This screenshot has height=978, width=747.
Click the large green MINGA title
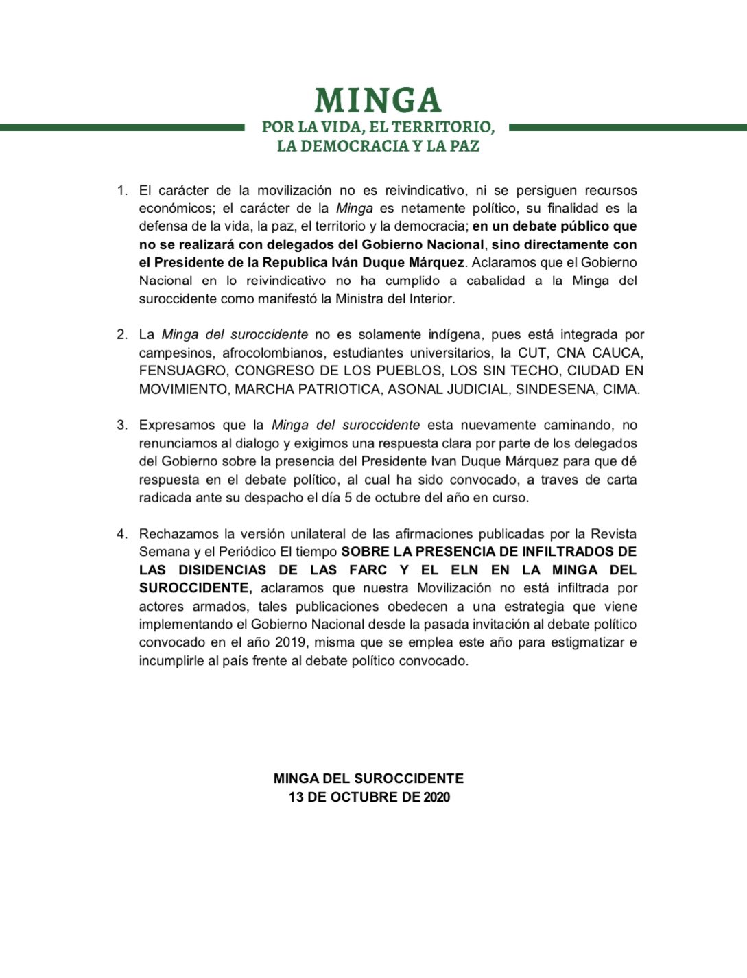click(377, 100)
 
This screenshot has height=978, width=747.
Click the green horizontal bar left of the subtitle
click(122, 127)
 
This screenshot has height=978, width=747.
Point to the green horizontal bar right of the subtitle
click(627, 127)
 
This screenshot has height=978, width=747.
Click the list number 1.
click(122, 190)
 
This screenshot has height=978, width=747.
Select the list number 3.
click(122, 425)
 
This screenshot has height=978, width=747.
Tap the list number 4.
click(122, 533)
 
